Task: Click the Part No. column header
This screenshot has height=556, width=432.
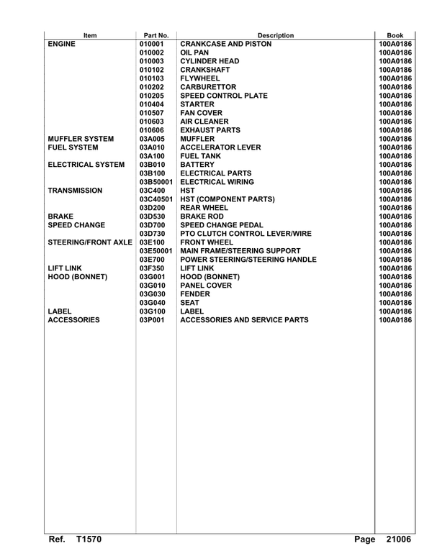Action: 156,35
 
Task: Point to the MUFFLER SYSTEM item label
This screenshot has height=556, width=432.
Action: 80,138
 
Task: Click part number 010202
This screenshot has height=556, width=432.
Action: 152,86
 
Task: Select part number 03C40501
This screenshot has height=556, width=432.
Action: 156,199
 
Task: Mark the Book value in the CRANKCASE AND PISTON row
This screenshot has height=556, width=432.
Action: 395,43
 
